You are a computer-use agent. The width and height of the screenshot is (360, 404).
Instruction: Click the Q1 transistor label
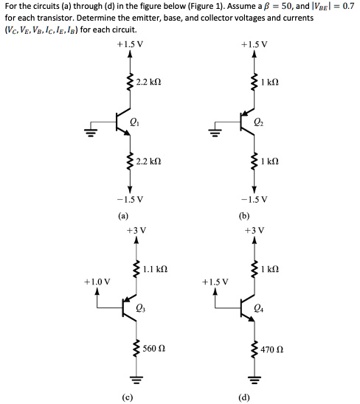[x=134, y=122]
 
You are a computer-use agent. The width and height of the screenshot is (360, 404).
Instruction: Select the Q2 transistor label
[x=259, y=122]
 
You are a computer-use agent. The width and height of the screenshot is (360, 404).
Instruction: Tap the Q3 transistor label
[x=141, y=308]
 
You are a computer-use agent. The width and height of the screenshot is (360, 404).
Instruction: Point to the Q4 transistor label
[x=259, y=308]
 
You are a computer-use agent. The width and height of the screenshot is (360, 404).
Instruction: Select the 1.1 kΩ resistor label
[x=155, y=269]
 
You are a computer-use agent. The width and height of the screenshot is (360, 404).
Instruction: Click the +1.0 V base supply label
[x=97, y=282]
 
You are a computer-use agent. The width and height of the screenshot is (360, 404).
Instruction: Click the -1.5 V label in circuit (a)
[x=130, y=199]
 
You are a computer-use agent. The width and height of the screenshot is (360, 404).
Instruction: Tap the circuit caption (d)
[x=244, y=397]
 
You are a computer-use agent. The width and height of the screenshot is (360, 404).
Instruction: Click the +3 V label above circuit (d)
[x=255, y=230]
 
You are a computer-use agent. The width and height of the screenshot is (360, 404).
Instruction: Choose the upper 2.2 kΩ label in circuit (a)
[x=149, y=82]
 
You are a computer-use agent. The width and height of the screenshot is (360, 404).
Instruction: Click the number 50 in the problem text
[x=286, y=7]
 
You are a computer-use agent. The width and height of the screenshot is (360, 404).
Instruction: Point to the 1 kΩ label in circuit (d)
[x=270, y=269]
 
